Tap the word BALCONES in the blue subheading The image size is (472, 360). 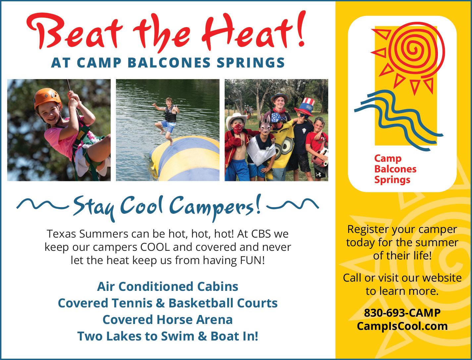[169, 63]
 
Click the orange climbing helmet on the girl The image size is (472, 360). [48, 98]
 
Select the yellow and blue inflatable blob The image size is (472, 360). [185, 158]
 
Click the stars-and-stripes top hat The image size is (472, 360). [305, 107]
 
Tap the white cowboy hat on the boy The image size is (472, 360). [236, 120]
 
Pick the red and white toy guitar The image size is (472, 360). [320, 157]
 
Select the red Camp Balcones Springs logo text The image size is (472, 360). [395, 169]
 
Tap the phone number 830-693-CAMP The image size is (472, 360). [402, 313]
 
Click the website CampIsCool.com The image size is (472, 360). [402, 326]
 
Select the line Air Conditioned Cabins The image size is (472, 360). [168, 287]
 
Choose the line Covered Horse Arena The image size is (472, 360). [168, 320]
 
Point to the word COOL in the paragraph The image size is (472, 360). [155, 247]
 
